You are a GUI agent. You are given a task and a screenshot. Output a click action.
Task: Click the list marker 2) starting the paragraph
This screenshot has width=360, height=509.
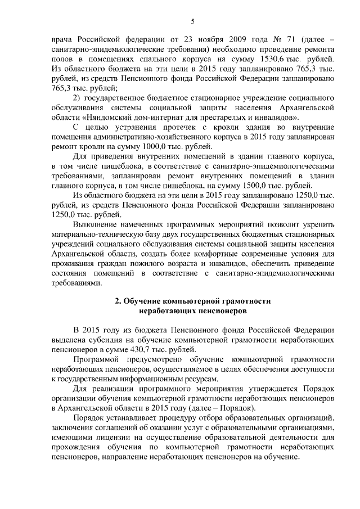pyautogui.click(x=79, y=98)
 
